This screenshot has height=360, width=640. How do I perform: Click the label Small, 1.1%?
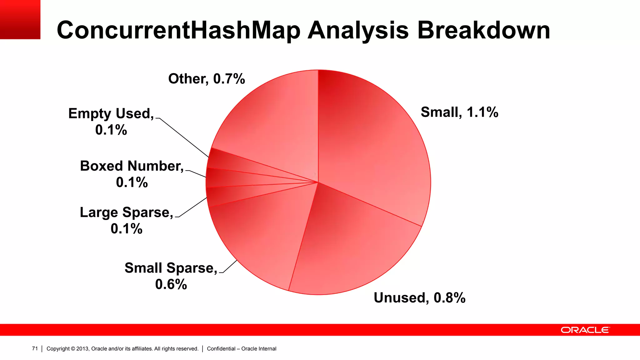459,112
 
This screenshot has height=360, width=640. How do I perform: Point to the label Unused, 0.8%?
419,298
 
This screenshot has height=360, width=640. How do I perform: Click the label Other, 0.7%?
206,79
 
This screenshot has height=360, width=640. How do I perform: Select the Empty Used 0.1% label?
111,122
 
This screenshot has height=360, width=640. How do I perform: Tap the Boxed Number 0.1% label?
132,174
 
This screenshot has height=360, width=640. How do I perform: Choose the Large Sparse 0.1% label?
127,220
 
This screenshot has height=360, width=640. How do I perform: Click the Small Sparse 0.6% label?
171,276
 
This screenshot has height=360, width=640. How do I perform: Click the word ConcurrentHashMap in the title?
178,30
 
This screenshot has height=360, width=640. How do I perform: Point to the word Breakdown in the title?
483,30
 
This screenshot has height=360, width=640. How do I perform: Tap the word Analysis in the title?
358,30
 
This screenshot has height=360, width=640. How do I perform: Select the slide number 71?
35,348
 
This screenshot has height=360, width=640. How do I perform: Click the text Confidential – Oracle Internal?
242,349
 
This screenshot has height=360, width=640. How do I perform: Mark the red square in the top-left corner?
20,19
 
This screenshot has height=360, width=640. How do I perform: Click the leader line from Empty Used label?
183,137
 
